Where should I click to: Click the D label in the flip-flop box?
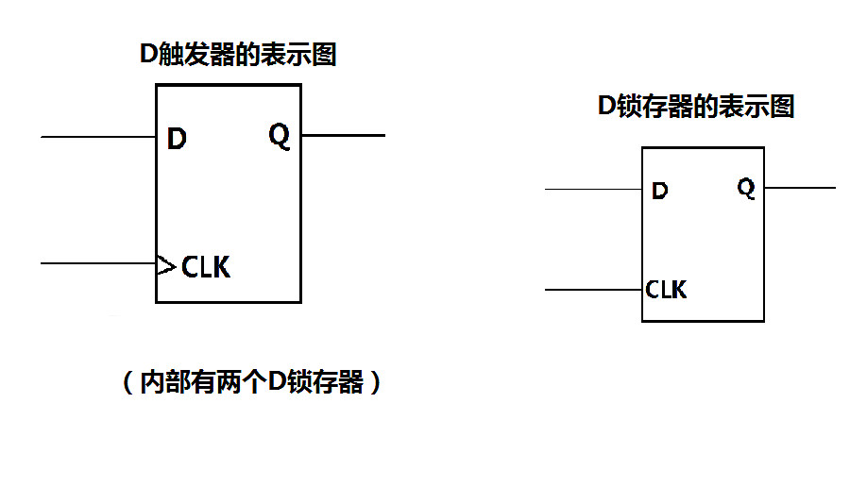coord(177,140)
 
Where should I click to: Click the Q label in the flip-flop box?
coord(280,137)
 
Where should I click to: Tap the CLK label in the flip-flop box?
coord(206,267)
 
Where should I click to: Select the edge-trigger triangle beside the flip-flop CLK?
coord(166,267)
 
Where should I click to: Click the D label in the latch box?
coord(660,192)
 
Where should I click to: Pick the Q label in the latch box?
coord(746,189)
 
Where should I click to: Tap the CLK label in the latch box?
coord(667,290)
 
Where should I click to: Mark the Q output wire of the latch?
coord(800,188)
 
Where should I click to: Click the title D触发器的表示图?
coord(238,55)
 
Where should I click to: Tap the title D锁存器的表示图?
coord(697,107)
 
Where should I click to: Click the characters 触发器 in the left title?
coord(195,55)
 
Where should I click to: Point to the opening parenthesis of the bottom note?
coord(127,383)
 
